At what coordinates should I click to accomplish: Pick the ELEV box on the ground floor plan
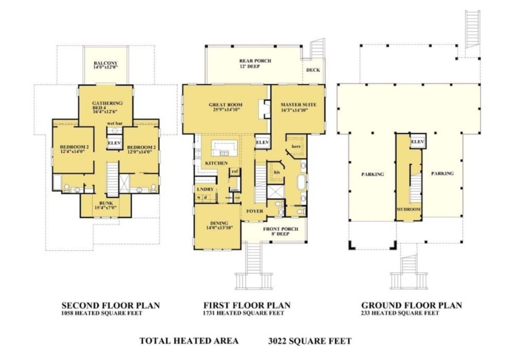(417, 142)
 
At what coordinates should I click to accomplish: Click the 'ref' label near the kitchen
(234, 171)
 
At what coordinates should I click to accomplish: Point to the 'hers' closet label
(295, 146)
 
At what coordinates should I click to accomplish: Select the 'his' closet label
(277, 172)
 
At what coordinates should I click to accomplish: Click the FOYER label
(254, 211)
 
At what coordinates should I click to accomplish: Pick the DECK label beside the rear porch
(313, 70)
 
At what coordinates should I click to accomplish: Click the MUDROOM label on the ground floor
(408, 210)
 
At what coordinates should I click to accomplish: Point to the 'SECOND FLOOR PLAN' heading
(111, 306)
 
